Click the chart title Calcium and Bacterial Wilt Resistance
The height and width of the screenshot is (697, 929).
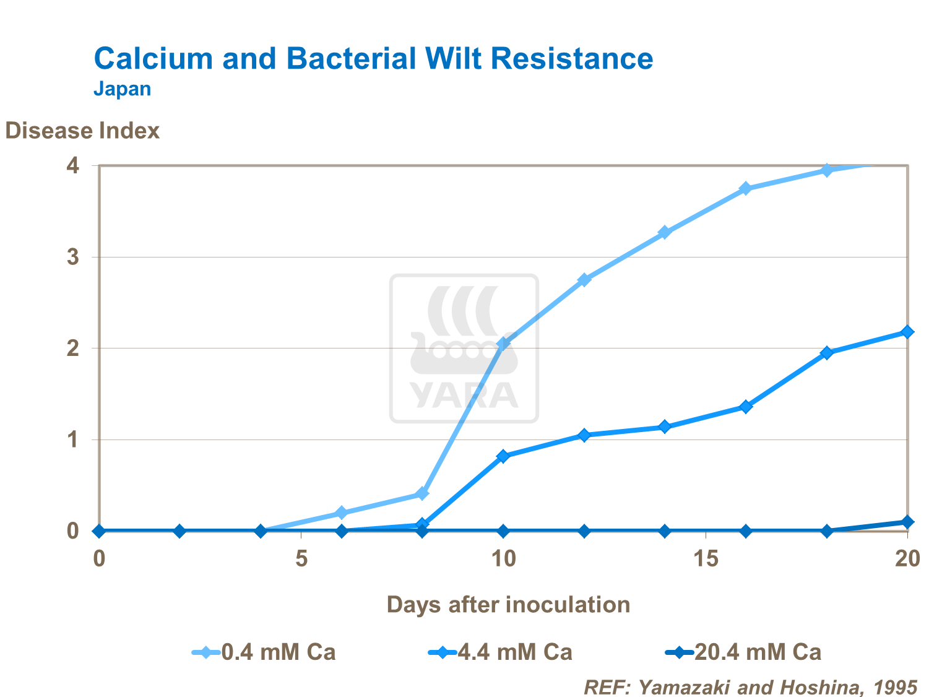point(373,59)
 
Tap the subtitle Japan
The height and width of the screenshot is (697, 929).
point(123,89)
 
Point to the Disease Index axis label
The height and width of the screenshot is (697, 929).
point(82,131)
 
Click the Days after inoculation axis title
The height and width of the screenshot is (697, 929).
point(508,604)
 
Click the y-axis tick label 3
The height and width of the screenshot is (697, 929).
point(73,257)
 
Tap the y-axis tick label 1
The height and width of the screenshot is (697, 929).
point(73,440)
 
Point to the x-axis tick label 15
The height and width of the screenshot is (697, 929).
point(706,559)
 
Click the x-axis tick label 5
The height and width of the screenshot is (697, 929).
point(301,559)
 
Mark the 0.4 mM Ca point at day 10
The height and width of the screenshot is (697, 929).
point(503,344)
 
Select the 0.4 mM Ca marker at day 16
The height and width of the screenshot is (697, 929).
point(746,188)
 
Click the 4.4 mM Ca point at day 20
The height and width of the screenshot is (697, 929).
point(907,332)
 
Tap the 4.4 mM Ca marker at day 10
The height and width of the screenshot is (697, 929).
point(503,456)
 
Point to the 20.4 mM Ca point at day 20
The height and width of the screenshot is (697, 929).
point(907,522)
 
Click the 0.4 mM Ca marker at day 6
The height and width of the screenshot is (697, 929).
point(341,513)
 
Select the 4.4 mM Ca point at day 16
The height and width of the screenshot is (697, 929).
point(746,407)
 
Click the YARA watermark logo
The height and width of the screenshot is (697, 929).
point(464,348)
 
